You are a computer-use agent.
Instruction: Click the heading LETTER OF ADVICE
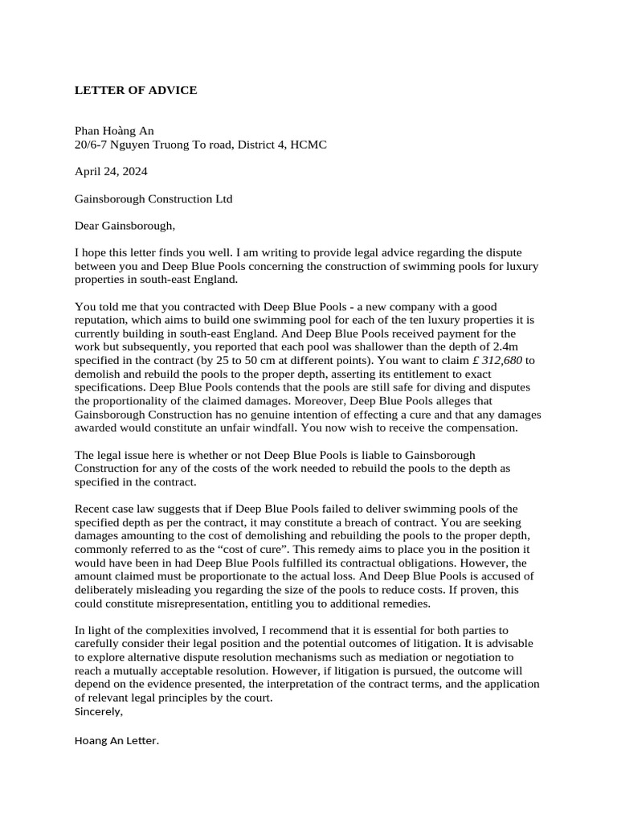point(136,90)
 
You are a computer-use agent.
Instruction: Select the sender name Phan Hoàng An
point(114,131)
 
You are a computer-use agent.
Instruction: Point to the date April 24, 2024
point(111,171)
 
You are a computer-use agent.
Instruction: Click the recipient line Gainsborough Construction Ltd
point(153,199)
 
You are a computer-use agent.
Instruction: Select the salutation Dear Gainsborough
point(125,225)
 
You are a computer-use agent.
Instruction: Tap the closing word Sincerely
point(99,712)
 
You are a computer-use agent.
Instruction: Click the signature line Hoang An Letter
point(116,741)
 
